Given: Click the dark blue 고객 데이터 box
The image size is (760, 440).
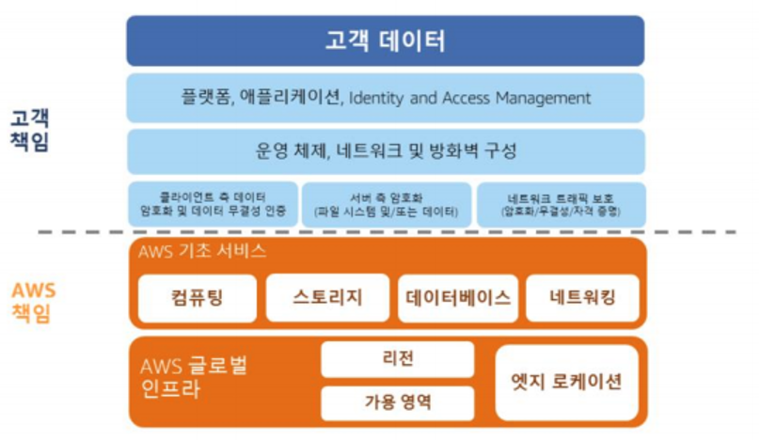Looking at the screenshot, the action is (x=386, y=41).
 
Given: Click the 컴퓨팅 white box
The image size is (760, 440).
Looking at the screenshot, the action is (x=198, y=299).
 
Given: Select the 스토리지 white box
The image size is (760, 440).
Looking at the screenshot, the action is (x=327, y=299).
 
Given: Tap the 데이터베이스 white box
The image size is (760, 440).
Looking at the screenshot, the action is (x=458, y=299).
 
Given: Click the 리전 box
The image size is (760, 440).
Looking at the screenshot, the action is (x=397, y=359).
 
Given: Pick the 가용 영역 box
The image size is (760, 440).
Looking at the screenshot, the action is (x=397, y=403).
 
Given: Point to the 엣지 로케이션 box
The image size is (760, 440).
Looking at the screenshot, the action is (x=566, y=382).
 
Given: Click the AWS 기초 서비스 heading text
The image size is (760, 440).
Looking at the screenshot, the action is (x=202, y=252).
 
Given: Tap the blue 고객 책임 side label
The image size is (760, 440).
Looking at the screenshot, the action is (x=31, y=131).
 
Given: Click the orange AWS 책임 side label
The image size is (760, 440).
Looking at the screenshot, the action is (x=33, y=303).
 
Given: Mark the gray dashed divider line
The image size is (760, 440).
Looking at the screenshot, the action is (x=376, y=232).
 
